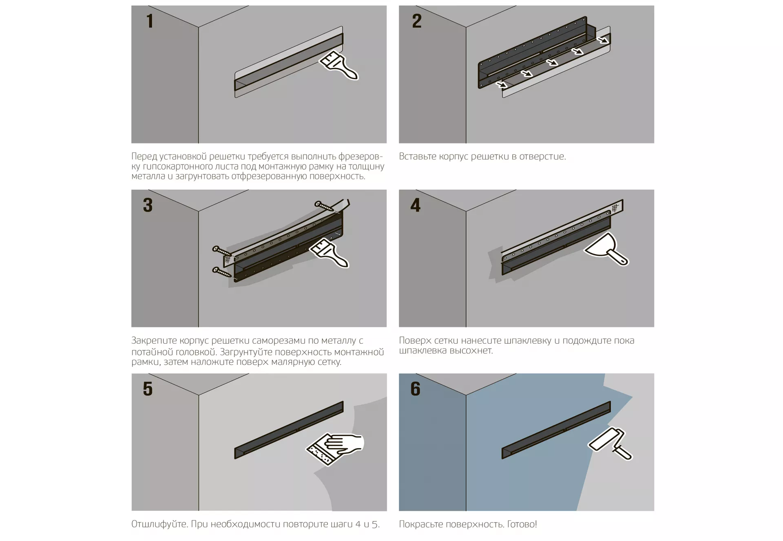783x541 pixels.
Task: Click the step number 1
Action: click(x=150, y=21)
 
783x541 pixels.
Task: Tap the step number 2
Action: click(x=417, y=21)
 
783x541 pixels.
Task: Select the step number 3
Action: click(x=148, y=205)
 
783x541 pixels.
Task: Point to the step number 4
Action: click(x=416, y=205)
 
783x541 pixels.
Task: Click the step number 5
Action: click(x=148, y=389)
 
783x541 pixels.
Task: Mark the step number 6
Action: click(x=416, y=389)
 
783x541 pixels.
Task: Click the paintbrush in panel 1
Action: click(x=339, y=66)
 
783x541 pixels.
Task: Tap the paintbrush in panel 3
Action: click(x=329, y=253)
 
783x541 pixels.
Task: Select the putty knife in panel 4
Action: click(x=606, y=249)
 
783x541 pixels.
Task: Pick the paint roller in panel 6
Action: click(x=609, y=444)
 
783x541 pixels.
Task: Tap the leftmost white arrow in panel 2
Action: click(x=502, y=84)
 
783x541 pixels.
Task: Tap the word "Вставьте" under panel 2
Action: click(x=417, y=157)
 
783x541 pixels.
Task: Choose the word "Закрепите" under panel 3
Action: click(x=154, y=341)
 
